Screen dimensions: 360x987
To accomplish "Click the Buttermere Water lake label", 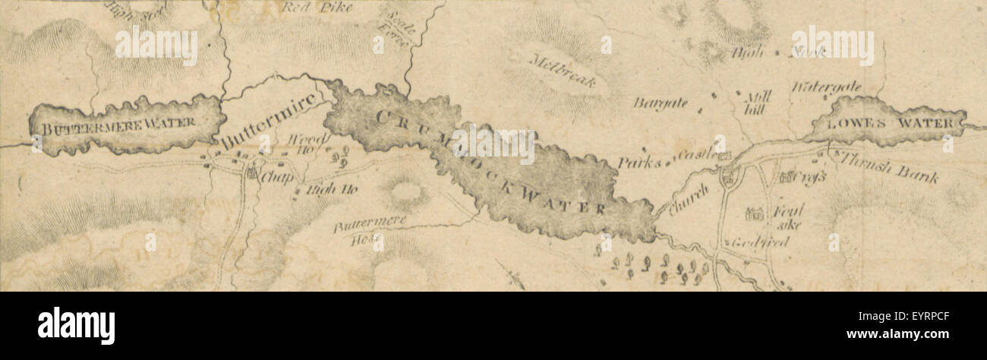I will coord(118,123).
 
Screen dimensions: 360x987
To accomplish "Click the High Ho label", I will coord(320,191).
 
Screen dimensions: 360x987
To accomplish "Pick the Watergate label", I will coord(826,87).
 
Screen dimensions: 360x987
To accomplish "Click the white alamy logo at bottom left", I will coord(76,324).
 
